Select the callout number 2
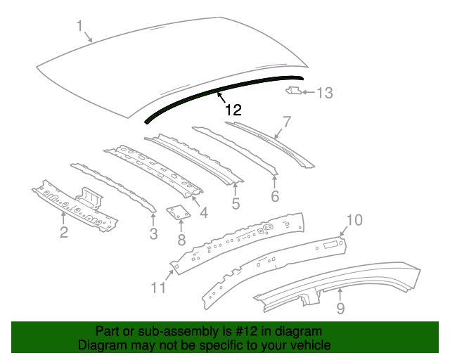pyautogui.click(x=63, y=232)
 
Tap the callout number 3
pyautogui.click(x=153, y=234)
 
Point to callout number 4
pyautogui.click(x=203, y=212)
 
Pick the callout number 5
pyautogui.click(x=236, y=204)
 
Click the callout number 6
pyautogui.click(x=275, y=196)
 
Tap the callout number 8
pyautogui.click(x=181, y=240)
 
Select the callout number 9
pyautogui.click(x=340, y=307)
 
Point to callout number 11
pyautogui.click(x=159, y=287)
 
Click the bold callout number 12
pyautogui.click(x=233, y=110)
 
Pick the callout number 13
pyautogui.click(x=324, y=92)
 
